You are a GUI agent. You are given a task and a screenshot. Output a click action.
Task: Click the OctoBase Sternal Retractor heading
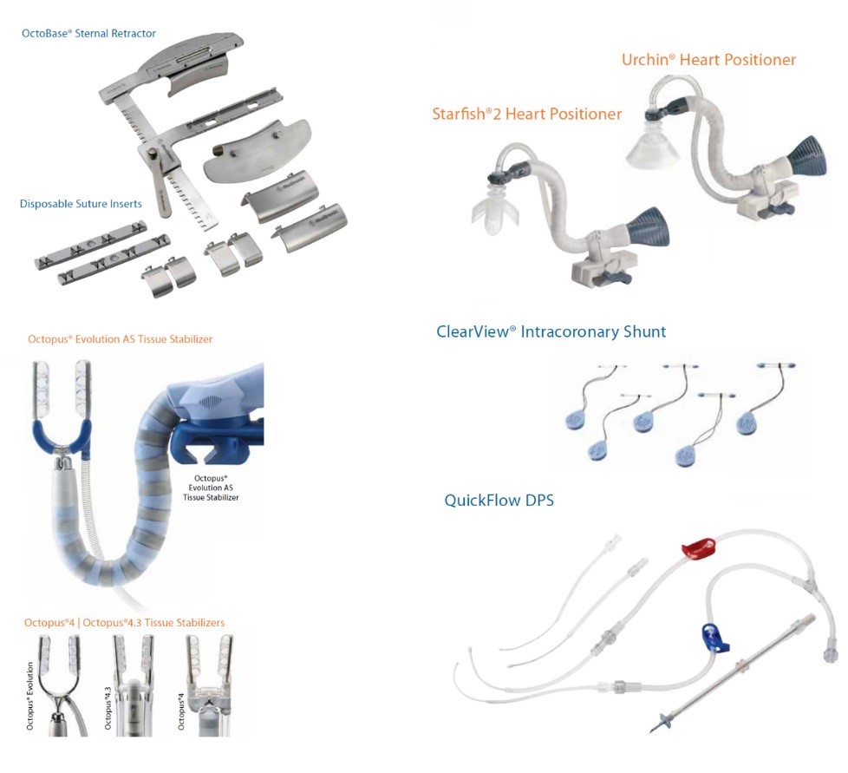pyautogui.click(x=88, y=34)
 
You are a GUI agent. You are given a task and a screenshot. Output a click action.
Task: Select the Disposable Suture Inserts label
pyautogui.click(x=81, y=205)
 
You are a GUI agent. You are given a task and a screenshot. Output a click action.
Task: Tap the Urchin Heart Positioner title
pyautogui.click(x=708, y=60)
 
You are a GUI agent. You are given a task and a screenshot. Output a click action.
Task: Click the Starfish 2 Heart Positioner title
pyautogui.click(x=527, y=115)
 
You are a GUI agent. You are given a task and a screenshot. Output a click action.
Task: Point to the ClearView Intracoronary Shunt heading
pyautogui.click(x=551, y=332)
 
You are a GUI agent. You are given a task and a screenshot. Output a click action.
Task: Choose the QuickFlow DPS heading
pyautogui.click(x=499, y=501)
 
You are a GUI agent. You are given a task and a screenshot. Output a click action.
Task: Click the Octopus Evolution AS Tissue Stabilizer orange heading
pyautogui.click(x=120, y=339)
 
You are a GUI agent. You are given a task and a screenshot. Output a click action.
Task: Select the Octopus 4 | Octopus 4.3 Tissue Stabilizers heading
pyautogui.click(x=124, y=623)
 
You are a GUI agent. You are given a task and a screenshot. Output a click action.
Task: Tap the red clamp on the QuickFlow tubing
pyautogui.click(x=700, y=547)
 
